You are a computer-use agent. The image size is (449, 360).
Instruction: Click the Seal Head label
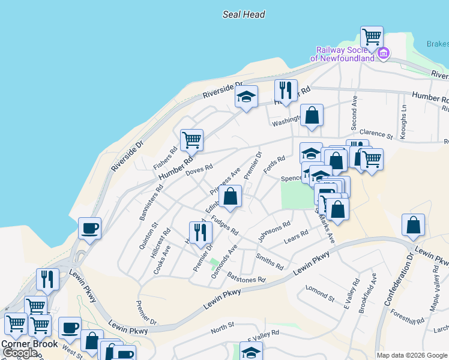pyautogui.click(x=244, y=14)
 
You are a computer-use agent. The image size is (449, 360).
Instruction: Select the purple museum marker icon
pyautogui.click(x=384, y=54)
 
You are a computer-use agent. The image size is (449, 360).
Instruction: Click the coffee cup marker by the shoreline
pyautogui.click(x=89, y=229)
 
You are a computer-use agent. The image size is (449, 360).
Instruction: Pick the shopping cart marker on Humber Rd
pyautogui.click(x=191, y=140)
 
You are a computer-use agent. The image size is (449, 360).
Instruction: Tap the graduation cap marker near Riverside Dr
pyautogui.click(x=246, y=98)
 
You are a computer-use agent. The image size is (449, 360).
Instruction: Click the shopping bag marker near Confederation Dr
pyautogui.click(x=413, y=226)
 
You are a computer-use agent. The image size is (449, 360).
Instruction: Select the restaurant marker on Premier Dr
pyautogui.click(x=200, y=233)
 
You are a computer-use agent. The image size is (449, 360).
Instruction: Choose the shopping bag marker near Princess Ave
pyautogui.click(x=231, y=196)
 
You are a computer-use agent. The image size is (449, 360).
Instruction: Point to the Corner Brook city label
pyautogui.click(x=29, y=344)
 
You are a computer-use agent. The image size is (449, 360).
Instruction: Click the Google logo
pyautogui.click(x=20, y=353)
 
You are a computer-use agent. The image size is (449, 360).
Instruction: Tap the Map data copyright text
pyautogui.click(x=412, y=355)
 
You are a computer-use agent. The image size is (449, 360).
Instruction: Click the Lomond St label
pyautogui.click(x=319, y=293)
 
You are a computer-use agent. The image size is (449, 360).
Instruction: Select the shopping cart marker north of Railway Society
pyautogui.click(x=372, y=37)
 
